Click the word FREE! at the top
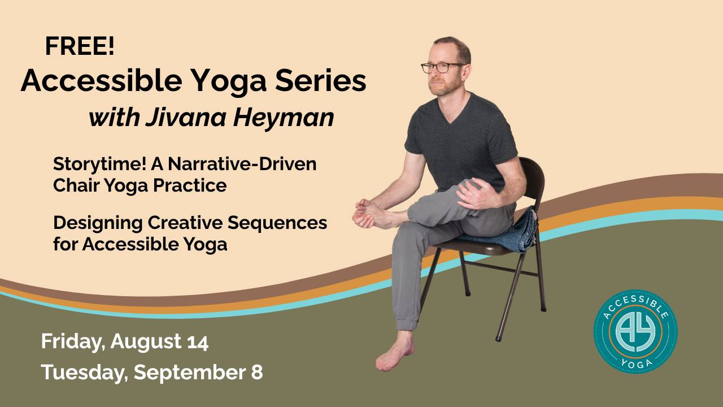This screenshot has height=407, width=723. click(x=80, y=46)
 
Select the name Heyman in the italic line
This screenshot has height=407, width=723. click(x=284, y=118)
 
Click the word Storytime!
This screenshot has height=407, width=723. click(x=99, y=164)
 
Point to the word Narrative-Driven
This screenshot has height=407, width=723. click(x=242, y=164)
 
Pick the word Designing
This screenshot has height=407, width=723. click(x=98, y=223)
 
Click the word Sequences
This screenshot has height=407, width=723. click(x=277, y=223)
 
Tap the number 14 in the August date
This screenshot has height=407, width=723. click(x=198, y=342)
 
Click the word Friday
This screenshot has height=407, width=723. click(x=71, y=342)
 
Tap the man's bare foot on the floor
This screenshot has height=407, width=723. click(x=395, y=352)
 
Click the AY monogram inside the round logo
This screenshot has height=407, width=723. click(x=635, y=332)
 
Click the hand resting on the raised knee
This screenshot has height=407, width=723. click(x=478, y=194)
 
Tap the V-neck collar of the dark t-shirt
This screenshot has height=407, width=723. click(x=454, y=111)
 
